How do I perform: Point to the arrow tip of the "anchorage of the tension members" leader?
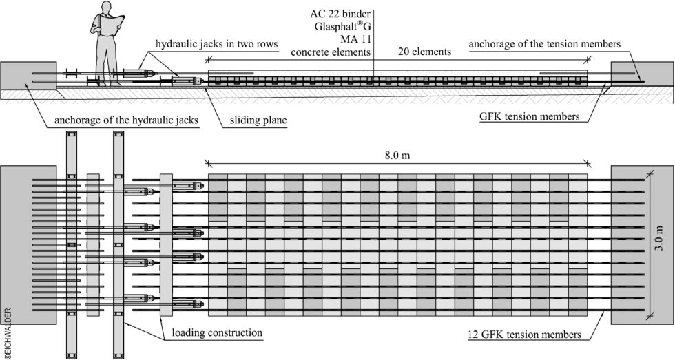pyautogui.click(x=643, y=81)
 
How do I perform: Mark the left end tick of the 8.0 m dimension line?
pyautogui.click(x=208, y=163)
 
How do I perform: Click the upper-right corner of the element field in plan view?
pyautogui.click(x=587, y=173)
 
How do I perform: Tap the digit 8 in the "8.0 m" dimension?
pyautogui.click(x=387, y=156)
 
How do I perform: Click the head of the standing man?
pyautogui.click(x=104, y=8)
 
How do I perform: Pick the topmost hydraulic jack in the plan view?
pyautogui.click(x=187, y=185)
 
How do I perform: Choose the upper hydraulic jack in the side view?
pyautogui.click(x=140, y=73)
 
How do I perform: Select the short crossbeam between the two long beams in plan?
pyautogui.click(x=93, y=245)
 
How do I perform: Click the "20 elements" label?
pyautogui.click(x=424, y=52)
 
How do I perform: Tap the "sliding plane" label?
pyautogui.click(x=258, y=120)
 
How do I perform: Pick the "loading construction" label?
pyautogui.click(x=217, y=332)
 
